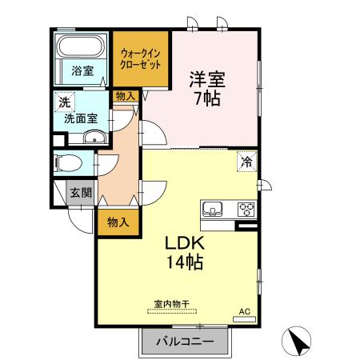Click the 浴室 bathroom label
82,70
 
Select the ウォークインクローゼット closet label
141,58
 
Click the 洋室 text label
206,80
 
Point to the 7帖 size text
206,98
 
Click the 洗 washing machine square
63,102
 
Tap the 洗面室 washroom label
82,118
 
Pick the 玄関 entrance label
80,192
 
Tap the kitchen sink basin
214,210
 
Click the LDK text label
184,242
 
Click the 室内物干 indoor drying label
172,304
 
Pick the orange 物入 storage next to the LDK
118,222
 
